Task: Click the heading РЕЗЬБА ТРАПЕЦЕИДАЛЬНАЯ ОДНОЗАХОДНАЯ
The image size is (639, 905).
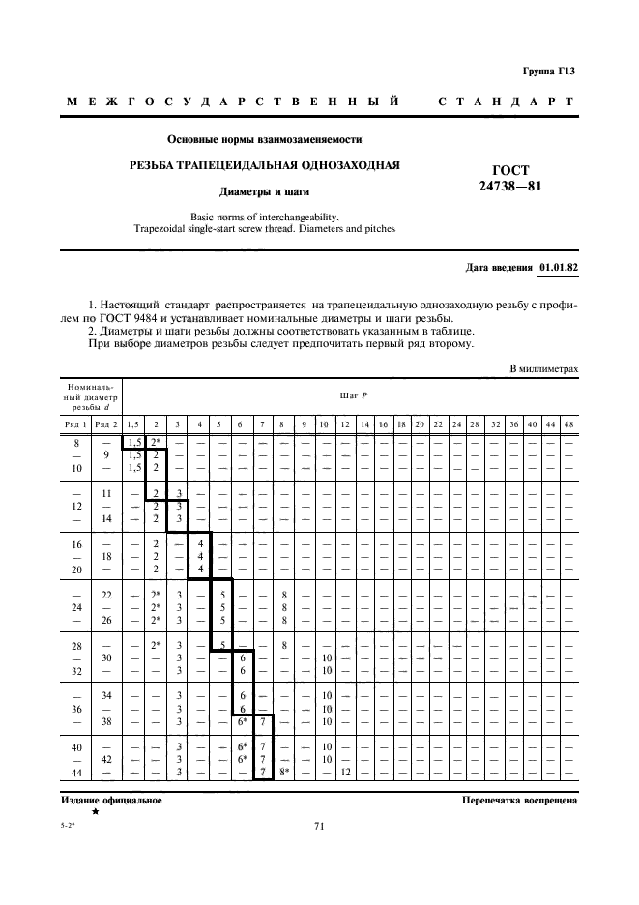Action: [x=265, y=164]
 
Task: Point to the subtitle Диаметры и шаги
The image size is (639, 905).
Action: [x=265, y=191]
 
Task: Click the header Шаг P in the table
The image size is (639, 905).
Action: [x=349, y=395]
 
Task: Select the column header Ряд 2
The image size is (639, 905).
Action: [x=107, y=424]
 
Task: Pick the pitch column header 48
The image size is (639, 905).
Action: [x=568, y=424]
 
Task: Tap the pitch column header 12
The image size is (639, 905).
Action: [x=343, y=424]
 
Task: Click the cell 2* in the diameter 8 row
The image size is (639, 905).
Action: [x=156, y=442]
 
